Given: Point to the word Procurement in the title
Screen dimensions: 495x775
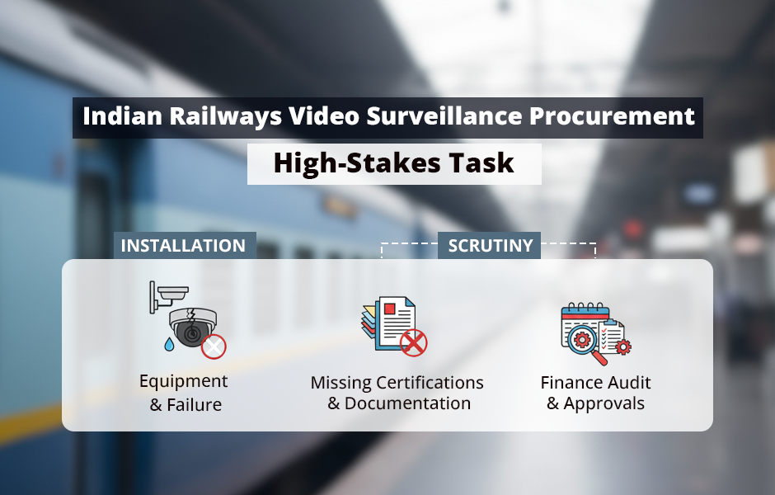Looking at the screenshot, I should tap(612, 116).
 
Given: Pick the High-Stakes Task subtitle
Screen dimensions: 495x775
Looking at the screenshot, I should tap(394, 163).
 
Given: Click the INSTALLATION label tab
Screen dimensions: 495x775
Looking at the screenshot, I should tap(183, 246).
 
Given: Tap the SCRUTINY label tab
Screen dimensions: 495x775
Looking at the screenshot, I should tap(490, 246).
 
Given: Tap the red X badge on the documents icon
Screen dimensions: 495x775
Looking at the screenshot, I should tap(413, 342).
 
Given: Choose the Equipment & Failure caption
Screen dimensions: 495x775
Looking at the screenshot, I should tap(184, 393).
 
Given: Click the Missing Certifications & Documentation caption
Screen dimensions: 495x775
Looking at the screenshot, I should tap(397, 393).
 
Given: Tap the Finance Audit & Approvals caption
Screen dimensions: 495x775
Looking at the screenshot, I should tap(595, 393).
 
